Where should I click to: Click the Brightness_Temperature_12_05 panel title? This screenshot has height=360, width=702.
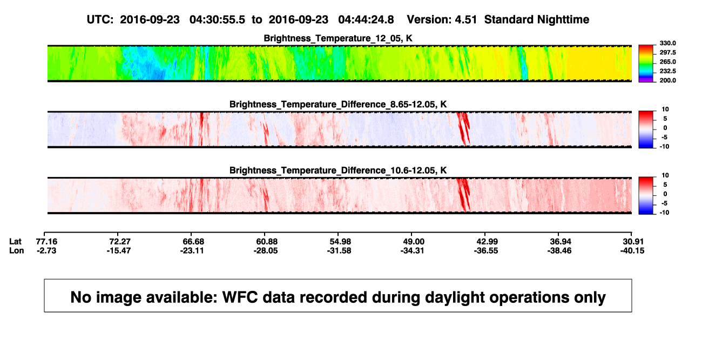pyautogui.click(x=338, y=38)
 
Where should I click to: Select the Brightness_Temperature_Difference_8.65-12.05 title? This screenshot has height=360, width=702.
pyautogui.click(x=338, y=104)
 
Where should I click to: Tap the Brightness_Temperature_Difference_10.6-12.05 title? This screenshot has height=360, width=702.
pyautogui.click(x=338, y=171)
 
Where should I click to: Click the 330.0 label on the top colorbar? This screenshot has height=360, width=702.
pyautogui.click(x=667, y=43)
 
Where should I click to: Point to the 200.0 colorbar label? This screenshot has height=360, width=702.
pyautogui.click(x=667, y=80)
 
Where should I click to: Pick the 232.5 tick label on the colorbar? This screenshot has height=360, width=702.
pyautogui.click(x=667, y=71)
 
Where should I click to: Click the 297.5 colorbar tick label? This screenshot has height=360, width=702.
pyautogui.click(x=667, y=52)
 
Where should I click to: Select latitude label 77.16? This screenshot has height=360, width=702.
pyautogui.click(x=46, y=242)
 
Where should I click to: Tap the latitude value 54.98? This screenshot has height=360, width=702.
pyautogui.click(x=340, y=242)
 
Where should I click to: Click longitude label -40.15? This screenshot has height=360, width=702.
pyautogui.click(x=632, y=250)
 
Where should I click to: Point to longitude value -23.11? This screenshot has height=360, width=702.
pyautogui.click(x=192, y=250)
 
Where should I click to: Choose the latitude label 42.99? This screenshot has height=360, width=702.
pyautogui.click(x=487, y=242)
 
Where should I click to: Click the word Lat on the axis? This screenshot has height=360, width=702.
pyautogui.click(x=15, y=242)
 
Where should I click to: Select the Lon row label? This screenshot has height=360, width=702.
pyautogui.click(x=16, y=250)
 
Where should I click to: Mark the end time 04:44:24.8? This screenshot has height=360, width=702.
pyautogui.click(x=366, y=19)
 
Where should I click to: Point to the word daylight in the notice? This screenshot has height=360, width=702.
pyautogui.click(x=454, y=297)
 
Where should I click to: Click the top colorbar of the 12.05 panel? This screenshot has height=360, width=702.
pyautogui.click(x=646, y=64)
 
